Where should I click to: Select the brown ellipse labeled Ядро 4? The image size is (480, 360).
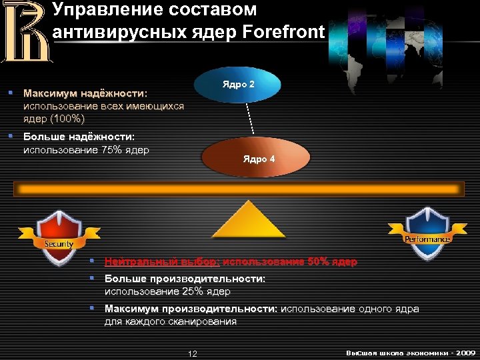coord(257,158)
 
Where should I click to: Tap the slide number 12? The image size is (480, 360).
coord(193,353)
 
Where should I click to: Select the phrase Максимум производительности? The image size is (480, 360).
coord(191,309)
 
